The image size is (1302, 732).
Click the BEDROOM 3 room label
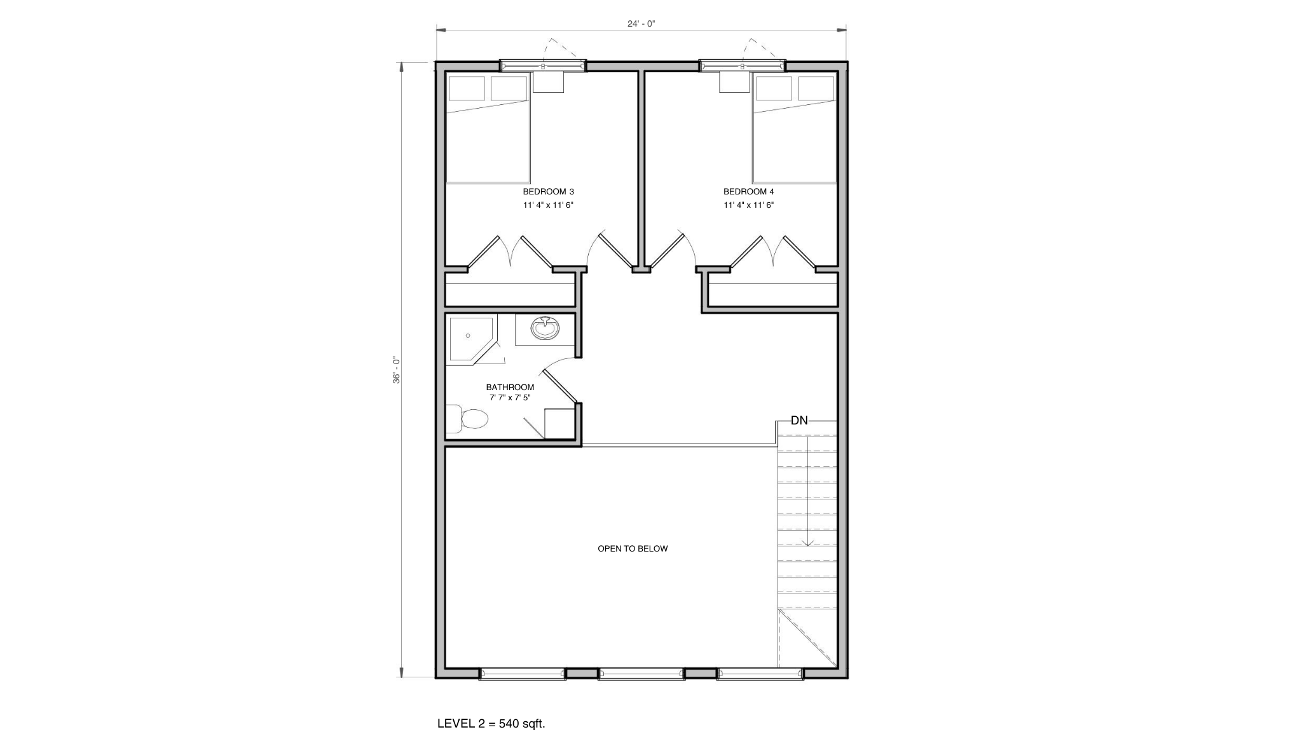548,191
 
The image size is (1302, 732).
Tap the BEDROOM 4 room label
748,191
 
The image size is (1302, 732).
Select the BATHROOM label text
510,387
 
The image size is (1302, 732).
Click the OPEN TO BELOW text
633,548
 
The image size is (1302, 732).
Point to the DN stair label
799,421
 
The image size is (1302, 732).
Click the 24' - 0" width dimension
641,24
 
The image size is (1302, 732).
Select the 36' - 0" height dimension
397,370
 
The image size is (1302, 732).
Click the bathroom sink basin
545,329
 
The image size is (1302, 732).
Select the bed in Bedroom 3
488,128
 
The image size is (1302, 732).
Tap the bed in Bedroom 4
795,128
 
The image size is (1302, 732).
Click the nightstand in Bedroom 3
548,82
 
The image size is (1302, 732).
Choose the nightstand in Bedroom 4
735,82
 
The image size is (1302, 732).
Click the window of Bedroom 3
542,65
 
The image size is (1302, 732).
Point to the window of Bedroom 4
742,65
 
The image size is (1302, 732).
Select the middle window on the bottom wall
641,674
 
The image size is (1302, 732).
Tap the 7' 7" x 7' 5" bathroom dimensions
510,398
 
